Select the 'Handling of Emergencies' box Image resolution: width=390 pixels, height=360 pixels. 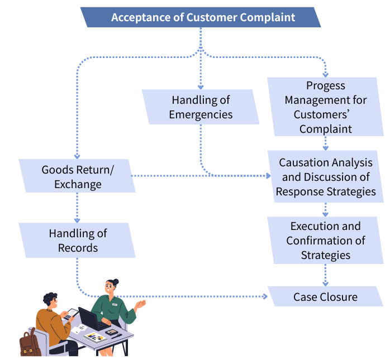201,107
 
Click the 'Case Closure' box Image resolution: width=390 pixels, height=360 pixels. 325,296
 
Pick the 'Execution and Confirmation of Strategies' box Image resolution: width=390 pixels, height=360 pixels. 325,241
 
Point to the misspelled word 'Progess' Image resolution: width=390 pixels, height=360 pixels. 325,85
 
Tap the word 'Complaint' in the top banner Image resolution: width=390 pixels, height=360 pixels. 267,17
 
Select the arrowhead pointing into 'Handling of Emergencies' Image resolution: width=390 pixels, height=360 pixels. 201,86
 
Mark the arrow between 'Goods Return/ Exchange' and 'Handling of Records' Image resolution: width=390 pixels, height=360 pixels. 77,208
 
